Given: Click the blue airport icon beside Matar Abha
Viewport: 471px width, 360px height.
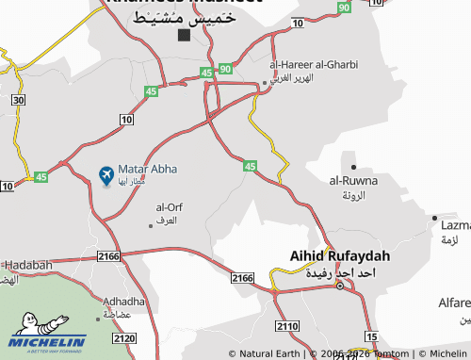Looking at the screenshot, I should (106, 175).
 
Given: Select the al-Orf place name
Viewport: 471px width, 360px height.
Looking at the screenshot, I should (168, 206).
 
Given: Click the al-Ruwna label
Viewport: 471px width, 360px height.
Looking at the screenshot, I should (353, 180).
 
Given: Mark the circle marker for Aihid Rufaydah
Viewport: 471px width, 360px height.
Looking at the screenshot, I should (340, 286).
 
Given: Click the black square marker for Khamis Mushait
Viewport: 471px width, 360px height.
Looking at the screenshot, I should (184, 35).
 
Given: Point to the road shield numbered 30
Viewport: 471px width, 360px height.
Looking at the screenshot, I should (18, 99).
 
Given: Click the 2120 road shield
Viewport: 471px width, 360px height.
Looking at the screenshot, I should (123, 337).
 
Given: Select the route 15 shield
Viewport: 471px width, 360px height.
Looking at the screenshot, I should (371, 337).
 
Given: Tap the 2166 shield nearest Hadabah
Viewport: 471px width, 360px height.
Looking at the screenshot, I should (109, 255).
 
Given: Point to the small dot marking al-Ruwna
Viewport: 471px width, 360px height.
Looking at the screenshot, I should (353, 167).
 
